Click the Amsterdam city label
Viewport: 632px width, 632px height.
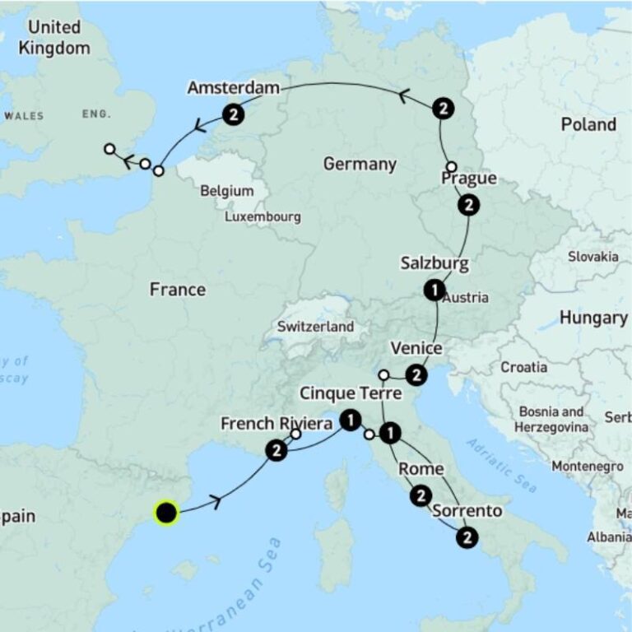[233, 88]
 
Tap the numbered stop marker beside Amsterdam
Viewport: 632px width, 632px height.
[234, 114]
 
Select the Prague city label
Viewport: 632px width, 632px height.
[468, 179]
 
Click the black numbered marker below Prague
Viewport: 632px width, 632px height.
[468, 205]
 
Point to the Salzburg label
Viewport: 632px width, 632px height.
[434, 263]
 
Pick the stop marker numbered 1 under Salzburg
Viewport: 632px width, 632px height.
[434, 290]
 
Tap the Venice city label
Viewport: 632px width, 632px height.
[416, 348]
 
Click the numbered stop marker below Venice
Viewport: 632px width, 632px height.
[417, 375]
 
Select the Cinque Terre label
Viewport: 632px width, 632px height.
[350, 393]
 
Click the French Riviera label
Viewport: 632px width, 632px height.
[276, 424]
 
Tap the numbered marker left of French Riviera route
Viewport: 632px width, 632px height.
[277, 450]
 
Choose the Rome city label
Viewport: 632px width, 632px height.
[421, 469]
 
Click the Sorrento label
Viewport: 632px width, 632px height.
[467, 511]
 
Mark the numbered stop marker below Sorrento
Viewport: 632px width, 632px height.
[467, 538]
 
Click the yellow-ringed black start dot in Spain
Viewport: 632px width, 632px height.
[166, 513]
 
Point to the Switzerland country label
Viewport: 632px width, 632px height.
[315, 327]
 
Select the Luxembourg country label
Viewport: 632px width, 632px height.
[263, 217]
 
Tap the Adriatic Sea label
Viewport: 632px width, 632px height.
[502, 464]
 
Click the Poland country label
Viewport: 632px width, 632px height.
[588, 124]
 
